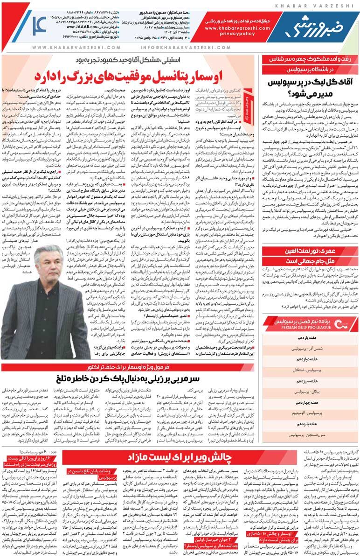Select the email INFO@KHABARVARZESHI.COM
tap(177, 48)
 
